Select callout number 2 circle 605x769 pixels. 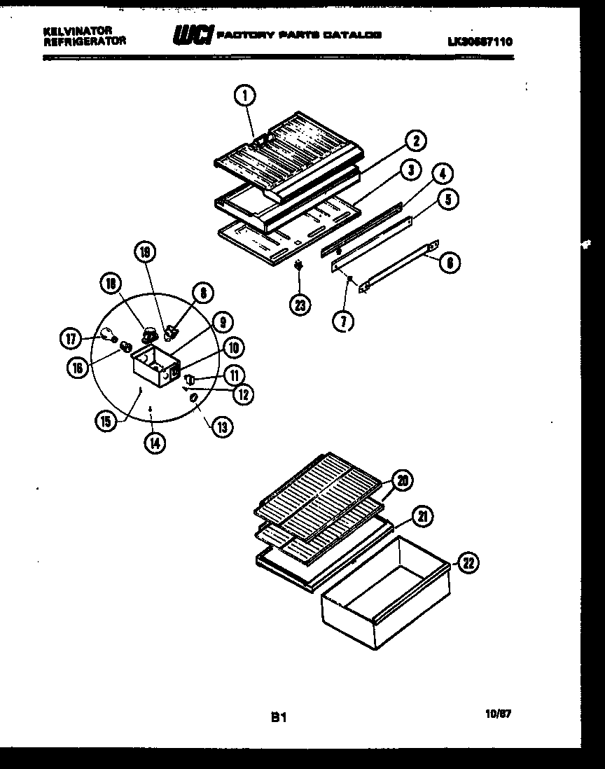[415, 141]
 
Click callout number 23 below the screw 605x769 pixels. [300, 305]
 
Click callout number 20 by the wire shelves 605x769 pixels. [402, 480]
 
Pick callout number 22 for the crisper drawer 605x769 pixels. [468, 562]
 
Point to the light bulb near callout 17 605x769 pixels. [107, 334]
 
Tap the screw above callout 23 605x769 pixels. [300, 266]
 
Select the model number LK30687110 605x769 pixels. [480, 42]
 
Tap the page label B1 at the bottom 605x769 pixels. [279, 716]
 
